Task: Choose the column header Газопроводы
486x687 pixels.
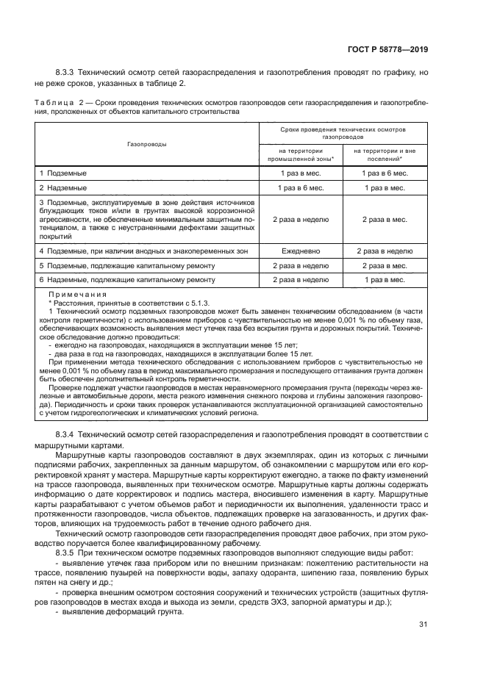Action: [146, 144]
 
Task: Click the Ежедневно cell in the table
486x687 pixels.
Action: [300, 251]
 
